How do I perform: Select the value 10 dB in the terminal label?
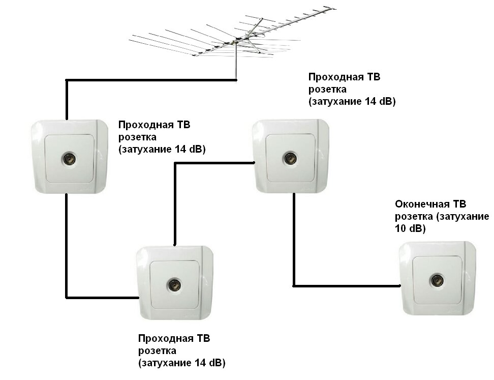click(x=409, y=229)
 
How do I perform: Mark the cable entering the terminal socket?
click(x=346, y=285)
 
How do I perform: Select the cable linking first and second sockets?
click(x=67, y=244)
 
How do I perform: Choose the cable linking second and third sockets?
click(x=175, y=198)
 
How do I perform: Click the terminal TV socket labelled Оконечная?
click(x=437, y=279)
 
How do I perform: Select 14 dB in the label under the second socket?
click(x=205, y=363)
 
